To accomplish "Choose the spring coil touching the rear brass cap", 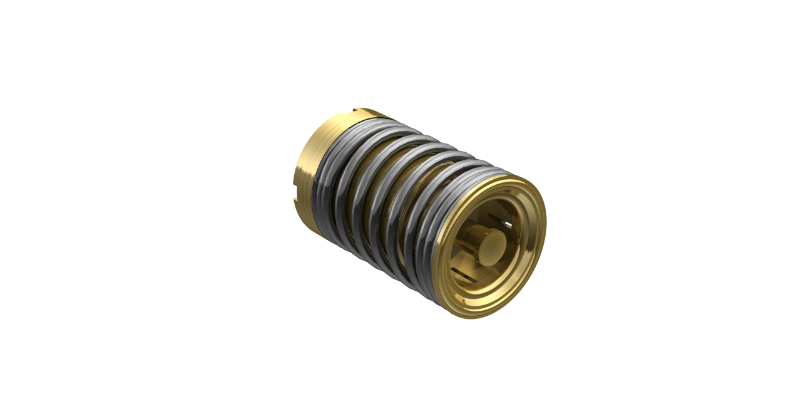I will (x=325, y=182).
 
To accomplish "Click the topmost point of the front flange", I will (x=519, y=177).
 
